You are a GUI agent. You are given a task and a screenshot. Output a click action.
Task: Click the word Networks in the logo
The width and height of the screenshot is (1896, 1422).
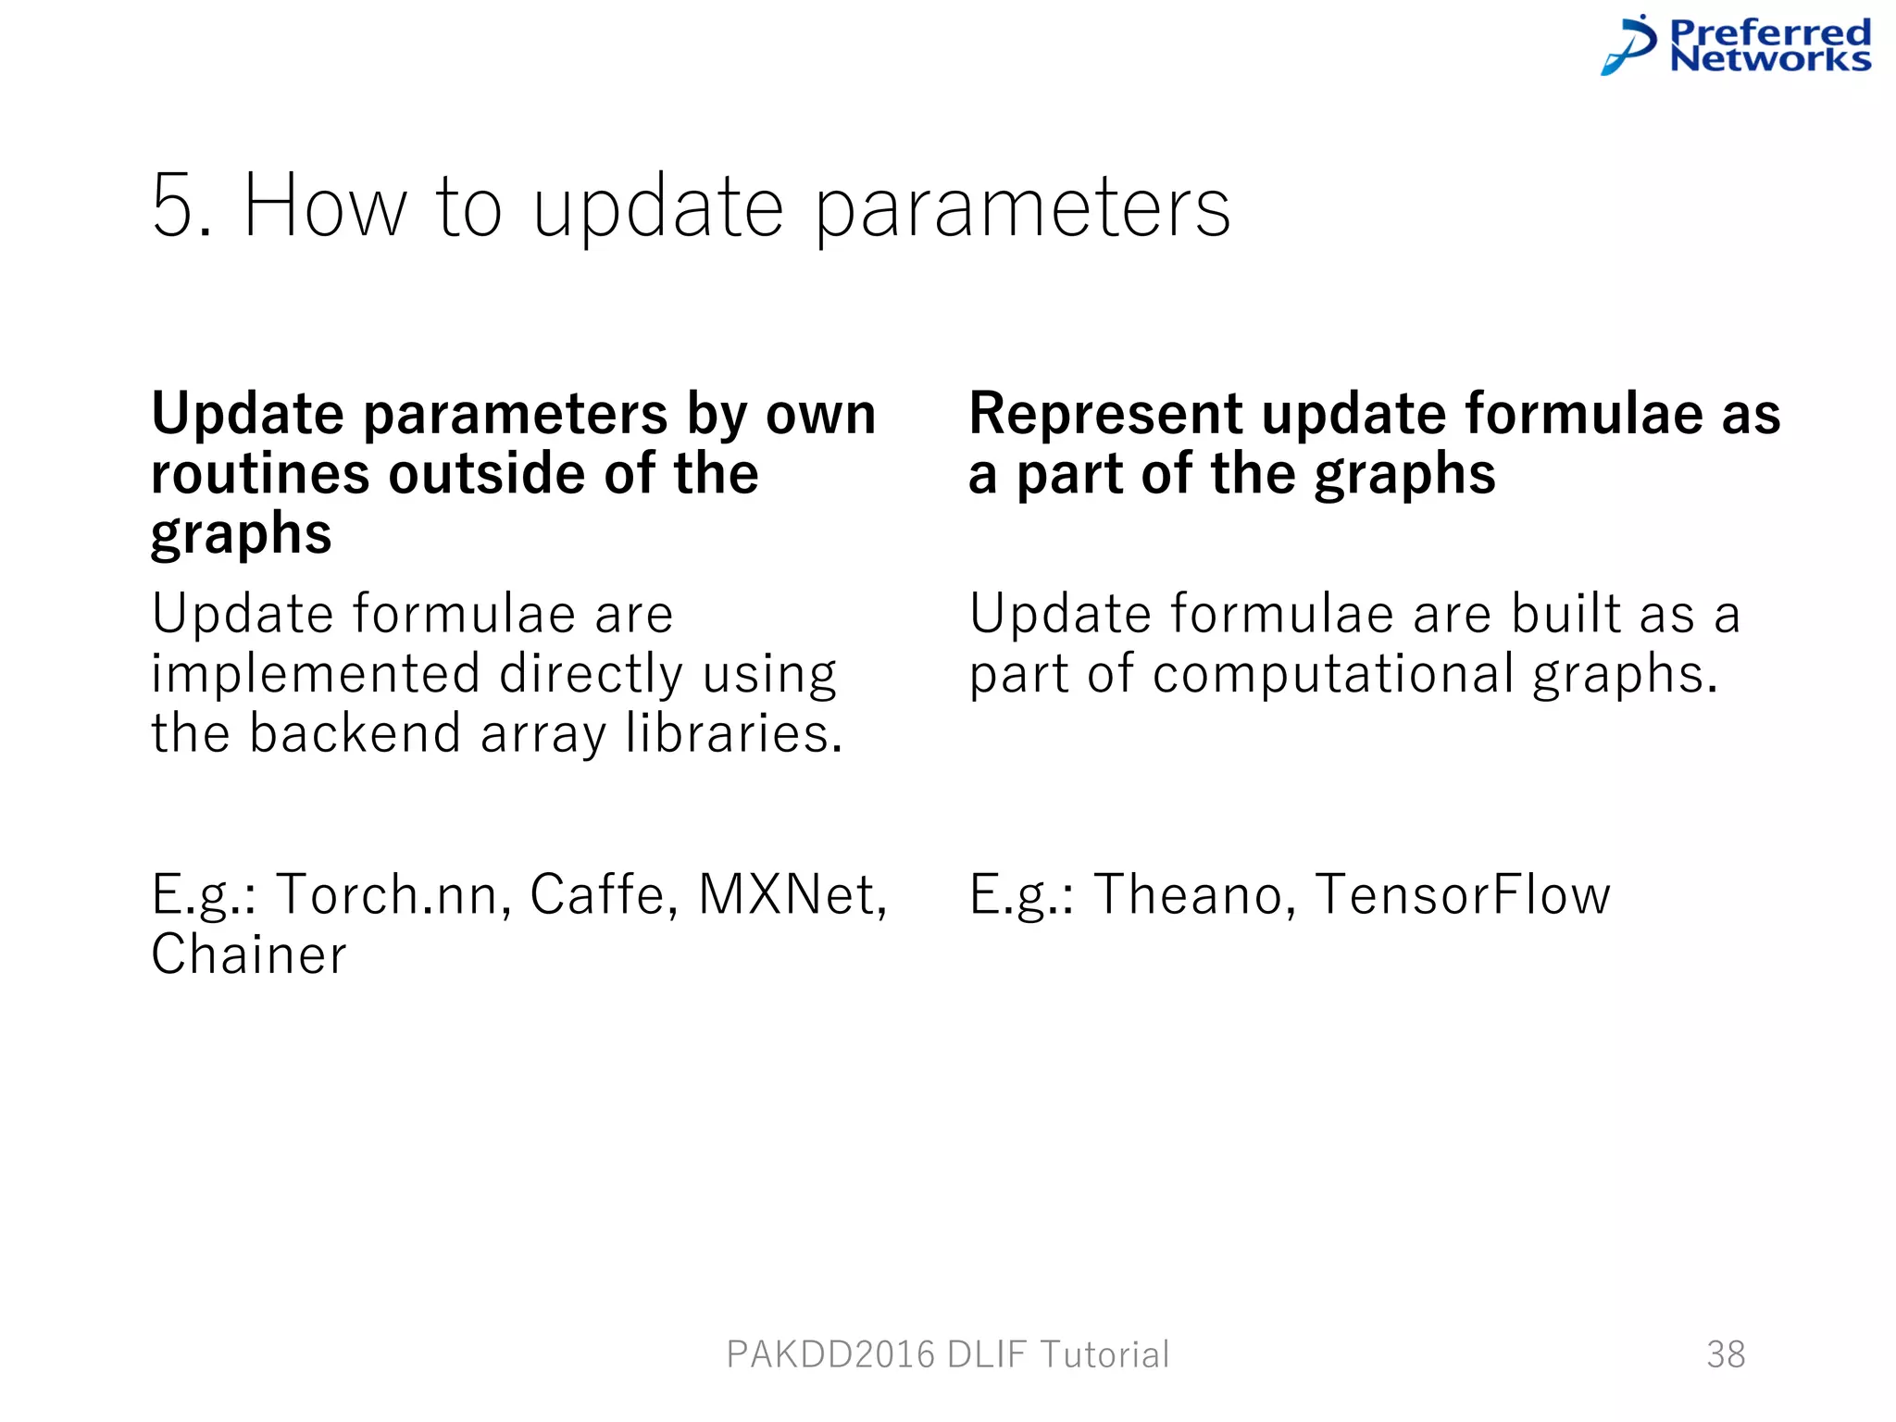point(1769,60)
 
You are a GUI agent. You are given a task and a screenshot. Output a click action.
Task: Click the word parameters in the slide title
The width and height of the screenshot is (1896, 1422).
point(1022,209)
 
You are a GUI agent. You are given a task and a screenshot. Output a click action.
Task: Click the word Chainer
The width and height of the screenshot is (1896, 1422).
point(249,954)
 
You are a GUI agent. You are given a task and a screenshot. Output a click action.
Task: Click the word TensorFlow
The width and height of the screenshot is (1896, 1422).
point(1463,894)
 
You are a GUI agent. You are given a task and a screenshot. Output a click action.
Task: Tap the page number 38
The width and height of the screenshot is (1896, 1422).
point(1726,1354)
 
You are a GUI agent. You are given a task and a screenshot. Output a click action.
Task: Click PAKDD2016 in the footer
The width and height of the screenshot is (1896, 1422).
point(830,1354)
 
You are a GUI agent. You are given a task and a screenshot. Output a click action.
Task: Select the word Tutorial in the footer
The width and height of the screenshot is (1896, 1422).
point(1104,1354)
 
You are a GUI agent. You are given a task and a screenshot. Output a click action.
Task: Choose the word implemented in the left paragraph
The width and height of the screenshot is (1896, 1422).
point(316,674)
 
